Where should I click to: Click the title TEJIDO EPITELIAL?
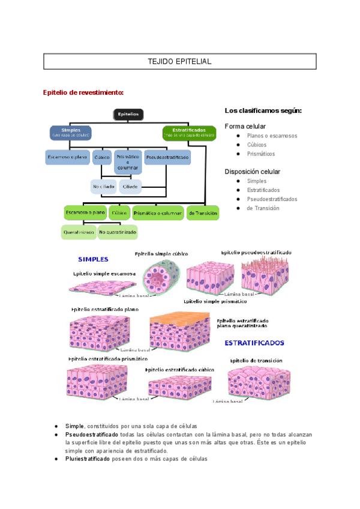pos(179,62)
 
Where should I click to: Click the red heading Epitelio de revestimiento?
pos(83,92)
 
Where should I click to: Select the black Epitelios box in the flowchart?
pos(128,113)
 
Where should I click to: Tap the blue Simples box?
pos(71,132)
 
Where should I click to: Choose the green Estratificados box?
pos(189,132)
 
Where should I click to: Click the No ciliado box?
pos(103,187)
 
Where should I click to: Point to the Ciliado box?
pos(130,187)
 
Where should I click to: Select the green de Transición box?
pos(203,212)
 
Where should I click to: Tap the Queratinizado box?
pos(78,232)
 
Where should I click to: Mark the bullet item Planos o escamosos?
pos(272,136)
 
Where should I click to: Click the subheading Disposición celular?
pos(252,172)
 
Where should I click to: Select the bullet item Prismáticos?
pos(262,154)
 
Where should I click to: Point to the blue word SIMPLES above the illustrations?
pos(93,259)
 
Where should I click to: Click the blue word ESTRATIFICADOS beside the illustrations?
pos(254,343)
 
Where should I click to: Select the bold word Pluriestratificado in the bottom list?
pos(88,459)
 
